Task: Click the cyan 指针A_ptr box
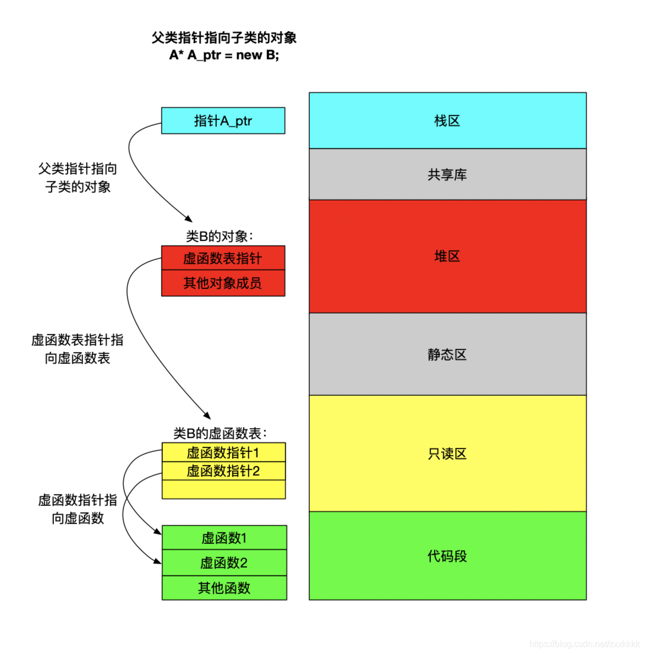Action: click(223, 121)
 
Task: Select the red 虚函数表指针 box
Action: click(223, 258)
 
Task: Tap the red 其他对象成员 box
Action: click(223, 283)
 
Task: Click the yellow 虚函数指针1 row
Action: click(223, 453)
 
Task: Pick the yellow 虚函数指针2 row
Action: click(223, 471)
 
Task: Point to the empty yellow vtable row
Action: click(223, 489)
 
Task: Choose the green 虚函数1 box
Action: click(224, 538)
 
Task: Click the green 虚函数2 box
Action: click(224, 563)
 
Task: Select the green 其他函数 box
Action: click(224, 588)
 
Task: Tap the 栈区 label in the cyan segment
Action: click(447, 121)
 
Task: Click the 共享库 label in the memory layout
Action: click(447, 175)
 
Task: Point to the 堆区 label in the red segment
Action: click(447, 256)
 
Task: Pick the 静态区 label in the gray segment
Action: click(447, 355)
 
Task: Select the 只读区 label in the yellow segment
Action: click(447, 454)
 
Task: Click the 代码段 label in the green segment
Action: click(447, 556)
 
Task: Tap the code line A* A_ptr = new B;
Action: click(224, 55)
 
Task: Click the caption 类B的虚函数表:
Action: click(220, 433)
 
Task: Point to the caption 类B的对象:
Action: click(220, 236)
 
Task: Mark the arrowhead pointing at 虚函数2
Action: click(158, 562)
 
